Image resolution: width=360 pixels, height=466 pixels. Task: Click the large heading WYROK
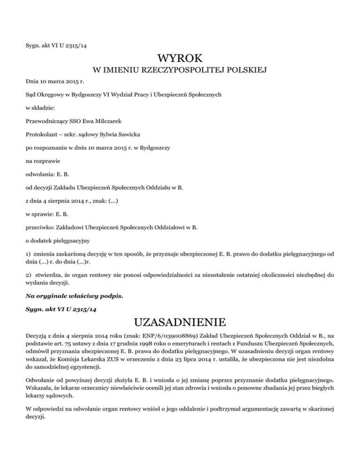coord(180,59)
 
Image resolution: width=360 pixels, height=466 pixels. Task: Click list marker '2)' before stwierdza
coord(29,276)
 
